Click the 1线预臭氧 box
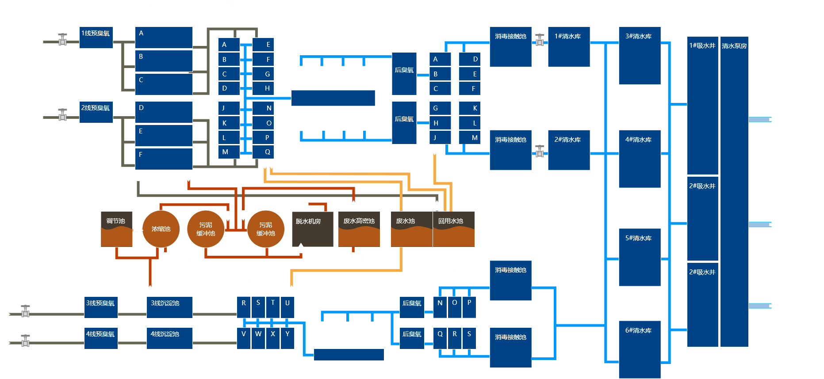[x=96, y=38]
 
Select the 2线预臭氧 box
[x=96, y=112]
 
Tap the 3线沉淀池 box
[x=169, y=307]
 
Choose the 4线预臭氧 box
[x=101, y=338]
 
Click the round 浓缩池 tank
[x=161, y=229]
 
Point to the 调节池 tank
[x=116, y=229]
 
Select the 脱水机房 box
[x=312, y=229]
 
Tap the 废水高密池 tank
[x=359, y=229]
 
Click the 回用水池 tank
[x=453, y=229]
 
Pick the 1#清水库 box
[x=569, y=47]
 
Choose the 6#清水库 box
[x=640, y=349]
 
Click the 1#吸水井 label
[x=702, y=46]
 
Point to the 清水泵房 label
[x=734, y=46]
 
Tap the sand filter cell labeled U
[x=287, y=307]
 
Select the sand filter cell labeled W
[x=258, y=338]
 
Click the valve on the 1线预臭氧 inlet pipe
[x=63, y=40]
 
